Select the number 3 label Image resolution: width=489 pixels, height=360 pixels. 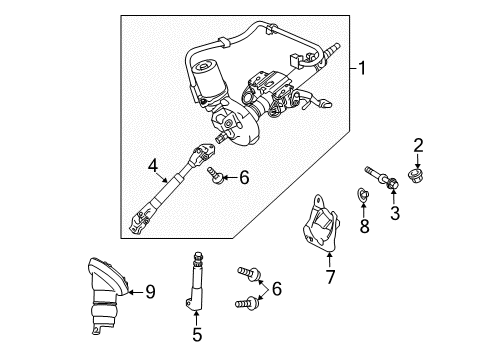394,211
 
